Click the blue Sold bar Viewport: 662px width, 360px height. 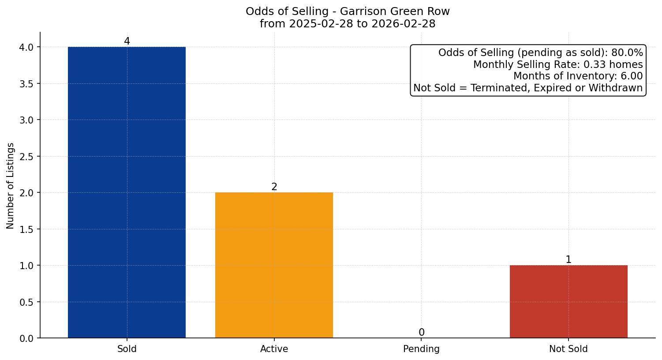coord(127,192)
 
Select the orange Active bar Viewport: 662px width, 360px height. coord(274,265)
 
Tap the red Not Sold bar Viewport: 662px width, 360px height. coord(568,301)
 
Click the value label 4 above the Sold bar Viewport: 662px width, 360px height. coord(127,41)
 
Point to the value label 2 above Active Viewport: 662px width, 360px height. coord(274,187)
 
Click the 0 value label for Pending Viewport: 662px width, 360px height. coord(421,333)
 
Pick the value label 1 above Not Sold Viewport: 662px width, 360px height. coord(568,260)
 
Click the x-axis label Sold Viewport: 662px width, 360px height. coord(127,349)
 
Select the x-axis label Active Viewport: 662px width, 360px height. coord(274,349)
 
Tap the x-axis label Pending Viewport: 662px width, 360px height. coord(421,349)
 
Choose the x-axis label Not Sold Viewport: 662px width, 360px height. coord(568,349)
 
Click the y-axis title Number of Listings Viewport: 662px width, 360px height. coord(11,185)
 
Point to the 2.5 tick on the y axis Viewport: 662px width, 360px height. coord(27,156)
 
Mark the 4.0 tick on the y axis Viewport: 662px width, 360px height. coord(27,47)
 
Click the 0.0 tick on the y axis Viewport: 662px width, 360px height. coord(27,338)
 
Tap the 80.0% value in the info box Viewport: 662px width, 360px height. coord(627,53)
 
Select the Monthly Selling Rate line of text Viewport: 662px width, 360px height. coord(558,64)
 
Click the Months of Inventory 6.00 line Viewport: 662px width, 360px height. coord(578,76)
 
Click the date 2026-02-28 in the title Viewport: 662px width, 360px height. coord(403,24)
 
